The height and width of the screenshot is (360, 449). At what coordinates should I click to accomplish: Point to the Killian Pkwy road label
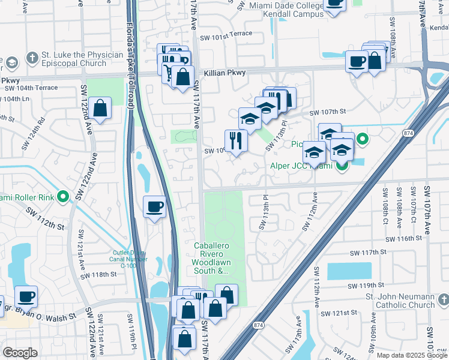pyautogui.click(x=224, y=73)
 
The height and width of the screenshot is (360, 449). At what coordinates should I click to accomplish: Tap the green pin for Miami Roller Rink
pyautogui.click(x=63, y=197)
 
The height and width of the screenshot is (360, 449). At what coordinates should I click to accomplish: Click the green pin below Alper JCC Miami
pyautogui.click(x=342, y=166)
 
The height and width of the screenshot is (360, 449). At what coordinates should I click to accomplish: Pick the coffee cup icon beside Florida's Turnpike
pyautogui.click(x=155, y=208)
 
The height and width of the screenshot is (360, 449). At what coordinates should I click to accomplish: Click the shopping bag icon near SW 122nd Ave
pyautogui.click(x=101, y=109)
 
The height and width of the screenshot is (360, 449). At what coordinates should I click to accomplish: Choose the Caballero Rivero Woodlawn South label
pyautogui.click(x=211, y=258)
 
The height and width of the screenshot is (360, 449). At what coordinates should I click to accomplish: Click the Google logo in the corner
pyautogui.click(x=20, y=353)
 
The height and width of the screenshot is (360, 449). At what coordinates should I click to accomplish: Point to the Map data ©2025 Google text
pyautogui.click(x=411, y=355)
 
